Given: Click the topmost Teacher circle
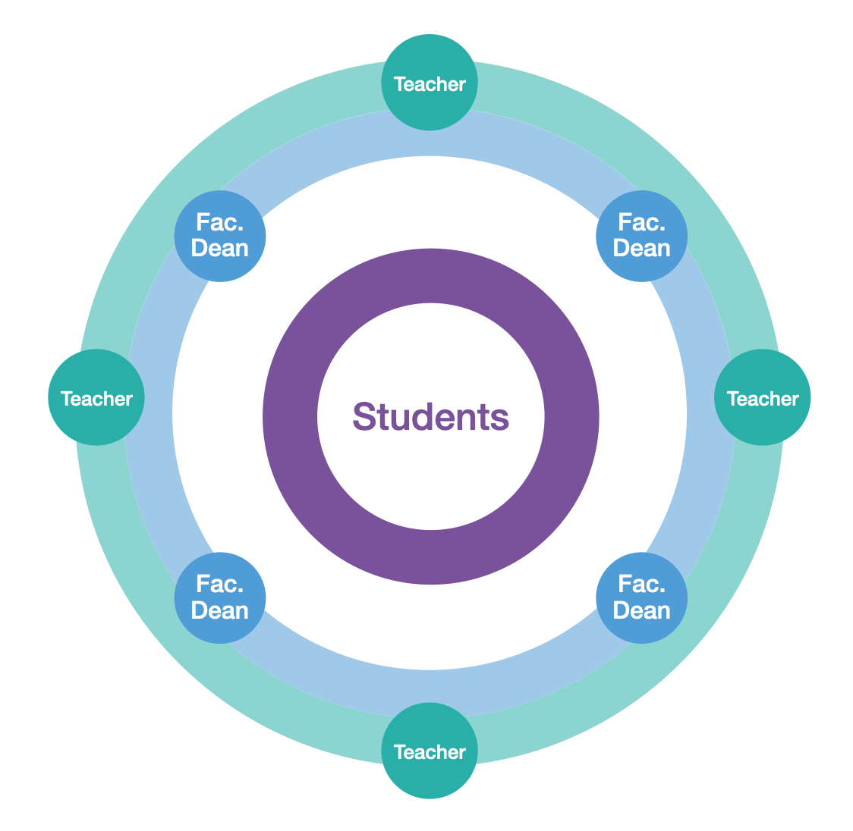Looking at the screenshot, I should click(430, 83).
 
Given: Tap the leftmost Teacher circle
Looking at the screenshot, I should click(96, 397).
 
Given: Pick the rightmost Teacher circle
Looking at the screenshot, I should click(763, 397).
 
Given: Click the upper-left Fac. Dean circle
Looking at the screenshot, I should click(220, 236).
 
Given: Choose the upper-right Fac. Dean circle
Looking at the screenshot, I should click(642, 236).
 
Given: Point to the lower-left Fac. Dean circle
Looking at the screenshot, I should click(220, 597).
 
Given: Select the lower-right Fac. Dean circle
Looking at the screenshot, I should click(642, 597).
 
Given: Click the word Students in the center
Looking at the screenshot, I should click(430, 416).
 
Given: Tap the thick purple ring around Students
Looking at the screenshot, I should click(430, 274).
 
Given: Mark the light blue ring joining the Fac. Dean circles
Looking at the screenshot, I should click(430, 133).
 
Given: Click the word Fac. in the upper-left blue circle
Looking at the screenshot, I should click(220, 222).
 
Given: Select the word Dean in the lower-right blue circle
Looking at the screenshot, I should click(642, 610).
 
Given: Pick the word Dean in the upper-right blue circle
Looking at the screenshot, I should click(642, 249).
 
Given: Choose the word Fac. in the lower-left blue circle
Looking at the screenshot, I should click(220, 584).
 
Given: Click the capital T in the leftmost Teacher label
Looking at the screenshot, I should click(66, 398).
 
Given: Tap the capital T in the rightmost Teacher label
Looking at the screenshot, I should click(732, 398).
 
